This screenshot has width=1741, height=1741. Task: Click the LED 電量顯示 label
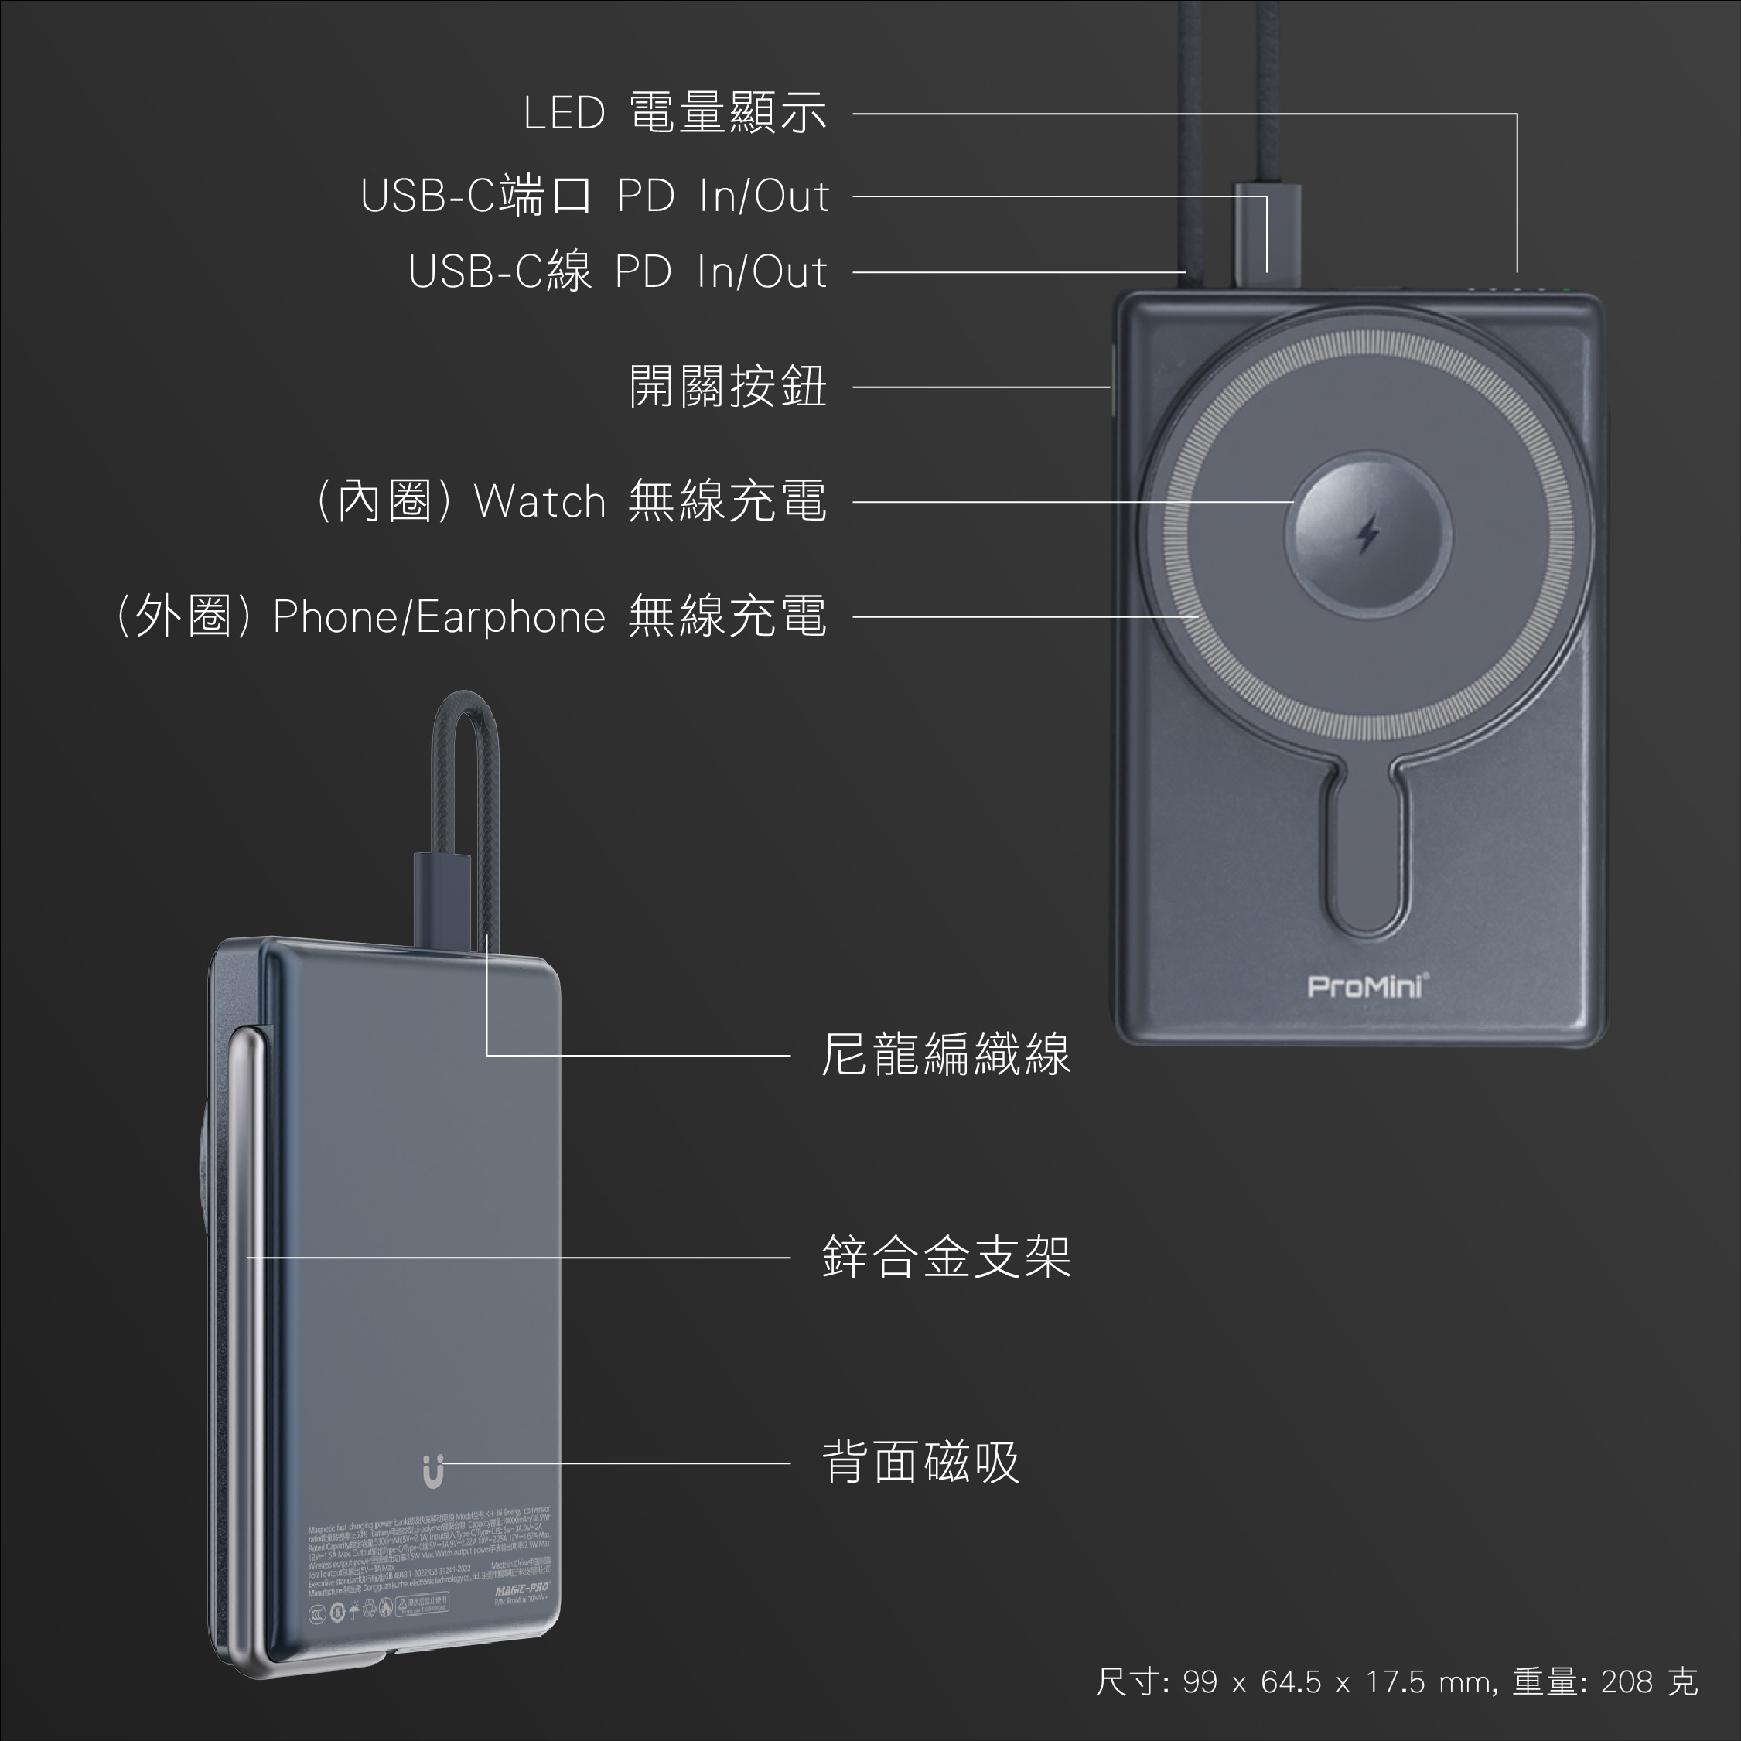click(x=674, y=114)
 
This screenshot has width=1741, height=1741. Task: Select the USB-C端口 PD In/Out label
click(x=595, y=196)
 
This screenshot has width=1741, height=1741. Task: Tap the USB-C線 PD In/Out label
click(x=617, y=271)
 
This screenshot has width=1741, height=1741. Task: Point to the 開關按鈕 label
click(x=727, y=387)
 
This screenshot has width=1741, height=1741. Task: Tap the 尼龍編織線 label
click(x=945, y=1053)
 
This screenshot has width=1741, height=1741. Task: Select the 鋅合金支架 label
click(x=945, y=1256)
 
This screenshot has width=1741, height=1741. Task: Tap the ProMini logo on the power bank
click(x=1366, y=986)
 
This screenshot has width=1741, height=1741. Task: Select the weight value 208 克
click(x=1649, y=1681)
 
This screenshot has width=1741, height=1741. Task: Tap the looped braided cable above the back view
click(x=466, y=766)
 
